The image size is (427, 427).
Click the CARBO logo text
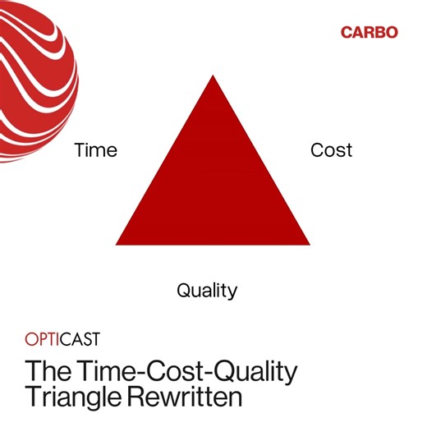click(x=369, y=33)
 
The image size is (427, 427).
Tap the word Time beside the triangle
click(x=96, y=150)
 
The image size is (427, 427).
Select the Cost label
click(x=331, y=150)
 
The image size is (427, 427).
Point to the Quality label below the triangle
click(x=207, y=290)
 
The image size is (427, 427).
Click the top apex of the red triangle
click(x=213, y=77)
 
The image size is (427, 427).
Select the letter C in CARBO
click(x=347, y=33)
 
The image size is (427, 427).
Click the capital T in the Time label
click(x=80, y=150)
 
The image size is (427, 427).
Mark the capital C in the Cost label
click(x=316, y=150)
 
